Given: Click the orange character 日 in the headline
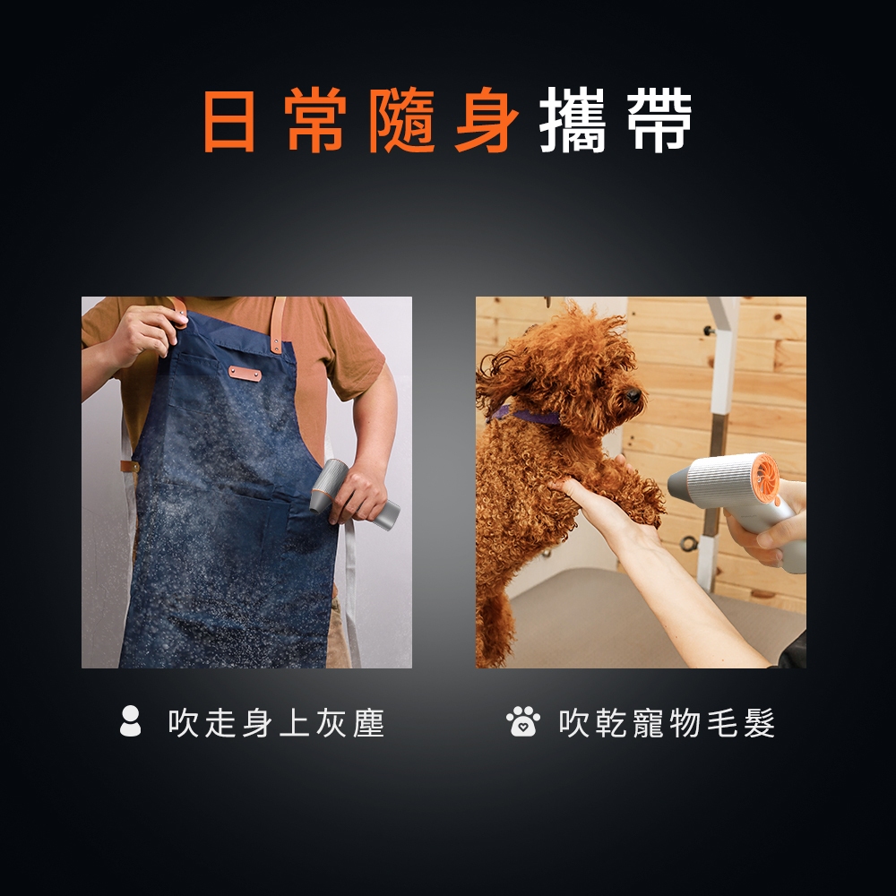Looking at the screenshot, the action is coord(229,121).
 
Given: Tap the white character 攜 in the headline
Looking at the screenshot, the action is coord(572,121).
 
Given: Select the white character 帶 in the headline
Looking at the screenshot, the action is coord(659,121).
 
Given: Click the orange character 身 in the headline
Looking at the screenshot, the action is coord(487,121).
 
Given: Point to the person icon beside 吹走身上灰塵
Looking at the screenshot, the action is coord(130,720).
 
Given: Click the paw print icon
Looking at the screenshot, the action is coord(523,721).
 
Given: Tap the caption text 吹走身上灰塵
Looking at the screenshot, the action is coord(277,723).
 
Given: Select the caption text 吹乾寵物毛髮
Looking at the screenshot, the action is coord(667,723).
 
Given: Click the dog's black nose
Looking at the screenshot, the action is coord(633,395).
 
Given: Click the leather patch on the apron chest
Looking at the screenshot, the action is coord(246,374).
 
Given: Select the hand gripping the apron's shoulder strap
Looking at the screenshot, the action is coord(142,336).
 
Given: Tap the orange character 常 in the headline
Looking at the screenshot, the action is coord(315,121).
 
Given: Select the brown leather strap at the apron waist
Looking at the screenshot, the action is coord(130,466).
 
